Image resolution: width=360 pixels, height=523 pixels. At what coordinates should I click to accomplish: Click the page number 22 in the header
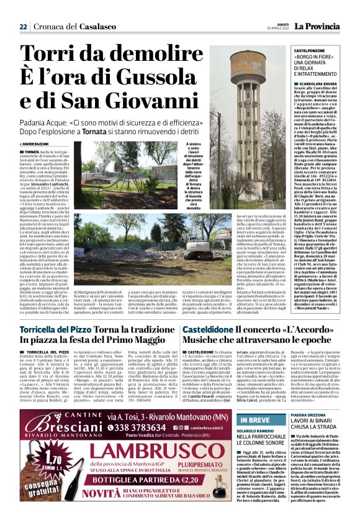[x=23, y=27]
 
